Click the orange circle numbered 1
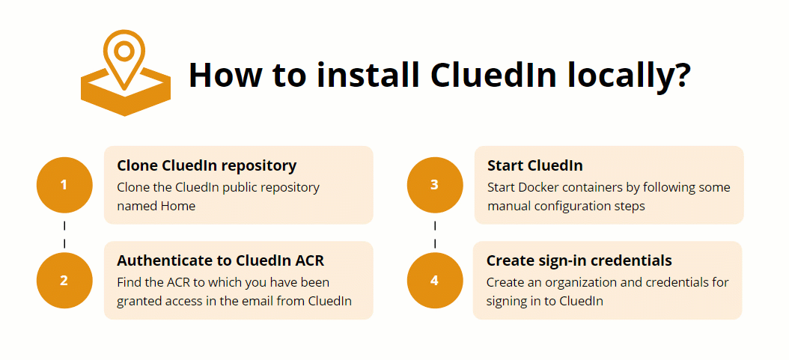64,184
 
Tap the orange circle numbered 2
64,281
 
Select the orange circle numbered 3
435,184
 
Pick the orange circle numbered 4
435,281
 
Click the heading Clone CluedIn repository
207,165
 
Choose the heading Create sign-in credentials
579,260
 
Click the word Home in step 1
177,206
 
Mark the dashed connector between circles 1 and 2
64,233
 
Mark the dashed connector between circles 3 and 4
435,233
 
